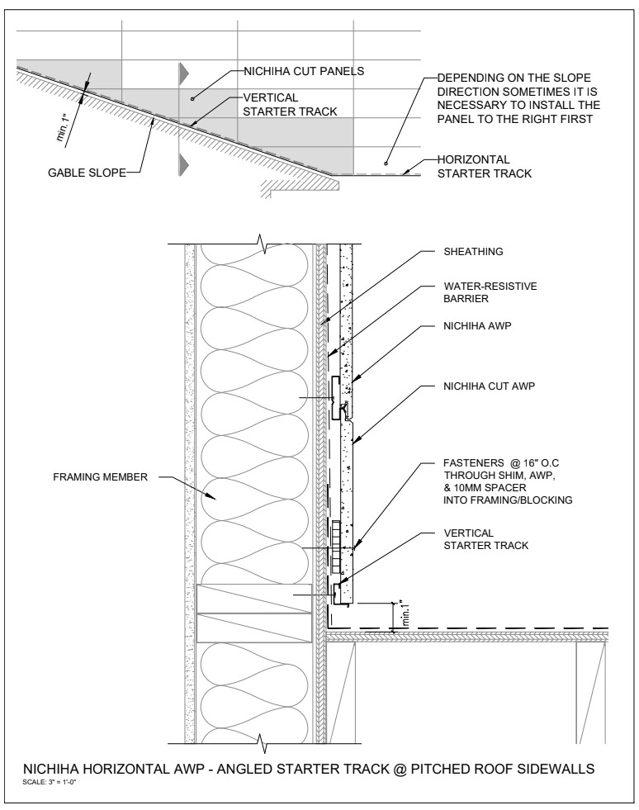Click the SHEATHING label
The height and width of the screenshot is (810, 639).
(473, 252)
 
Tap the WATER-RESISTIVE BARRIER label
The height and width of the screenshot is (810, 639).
(490, 292)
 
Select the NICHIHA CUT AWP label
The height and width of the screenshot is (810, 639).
(489, 386)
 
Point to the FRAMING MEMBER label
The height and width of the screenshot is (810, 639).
(100, 476)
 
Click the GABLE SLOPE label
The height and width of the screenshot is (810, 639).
(87, 173)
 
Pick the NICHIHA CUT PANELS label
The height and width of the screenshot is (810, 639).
(304, 71)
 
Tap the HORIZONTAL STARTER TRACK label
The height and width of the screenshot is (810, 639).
(484, 166)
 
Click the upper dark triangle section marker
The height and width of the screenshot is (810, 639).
(184, 73)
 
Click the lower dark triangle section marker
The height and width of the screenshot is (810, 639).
(184, 163)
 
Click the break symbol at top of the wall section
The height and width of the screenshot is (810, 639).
(265, 242)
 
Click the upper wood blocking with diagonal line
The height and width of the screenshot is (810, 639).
(254, 599)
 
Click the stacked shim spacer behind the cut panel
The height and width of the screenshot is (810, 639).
(337, 547)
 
